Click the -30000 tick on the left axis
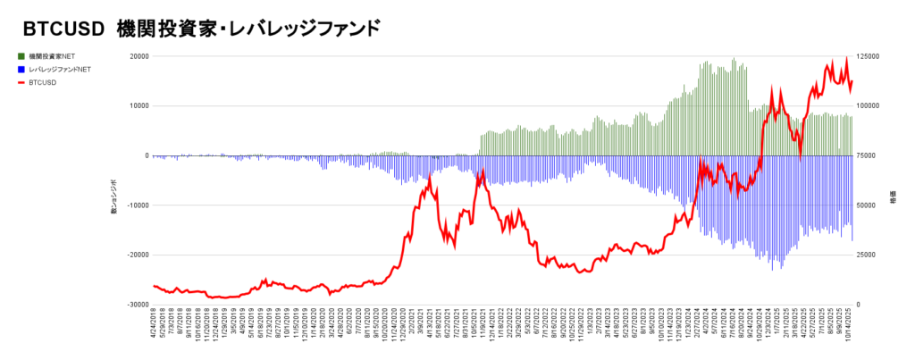click(x=137, y=305)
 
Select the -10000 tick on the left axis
click(x=137, y=205)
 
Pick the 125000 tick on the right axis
click(x=869, y=56)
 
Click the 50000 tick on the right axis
click(x=868, y=205)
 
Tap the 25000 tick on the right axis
click(x=868, y=255)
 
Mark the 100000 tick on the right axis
click(x=869, y=105)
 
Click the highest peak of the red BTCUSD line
click(x=845, y=59)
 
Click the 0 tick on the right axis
click(x=860, y=305)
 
